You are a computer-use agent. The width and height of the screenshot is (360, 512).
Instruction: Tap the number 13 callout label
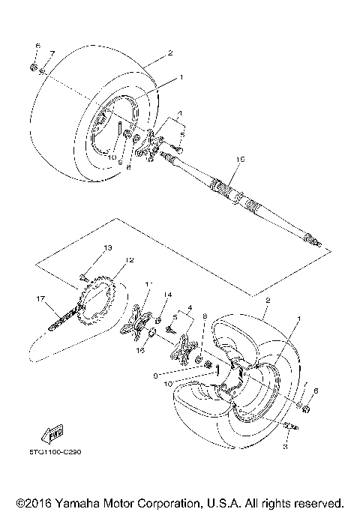107,248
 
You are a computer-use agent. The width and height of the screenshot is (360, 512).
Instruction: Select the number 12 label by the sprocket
130,260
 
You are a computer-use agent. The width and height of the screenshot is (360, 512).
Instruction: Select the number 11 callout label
148,284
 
